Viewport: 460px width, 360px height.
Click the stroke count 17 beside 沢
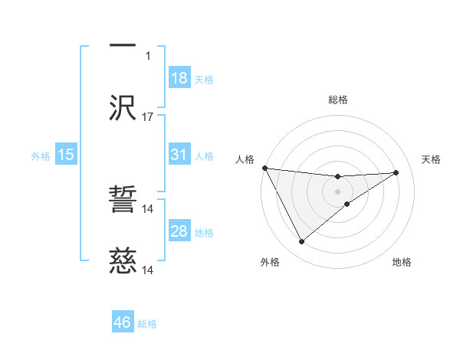click(x=148, y=117)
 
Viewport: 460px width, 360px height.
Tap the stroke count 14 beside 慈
click(x=148, y=270)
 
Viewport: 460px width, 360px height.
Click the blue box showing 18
click(x=179, y=78)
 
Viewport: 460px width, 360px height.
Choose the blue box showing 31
click(x=179, y=155)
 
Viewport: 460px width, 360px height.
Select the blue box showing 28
click(x=179, y=231)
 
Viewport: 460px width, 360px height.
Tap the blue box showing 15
click(x=66, y=155)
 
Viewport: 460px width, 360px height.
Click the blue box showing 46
click(x=123, y=322)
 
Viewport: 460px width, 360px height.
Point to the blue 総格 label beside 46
click(x=147, y=324)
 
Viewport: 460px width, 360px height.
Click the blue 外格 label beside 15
click(x=41, y=155)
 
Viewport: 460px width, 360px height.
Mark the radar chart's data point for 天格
click(x=396, y=172)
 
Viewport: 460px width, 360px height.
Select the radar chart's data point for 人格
click(x=264, y=168)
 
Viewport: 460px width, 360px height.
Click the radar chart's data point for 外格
click(x=301, y=242)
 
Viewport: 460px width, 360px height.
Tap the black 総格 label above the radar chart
click(x=338, y=100)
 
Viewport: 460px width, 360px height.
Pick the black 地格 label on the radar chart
click(x=402, y=262)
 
